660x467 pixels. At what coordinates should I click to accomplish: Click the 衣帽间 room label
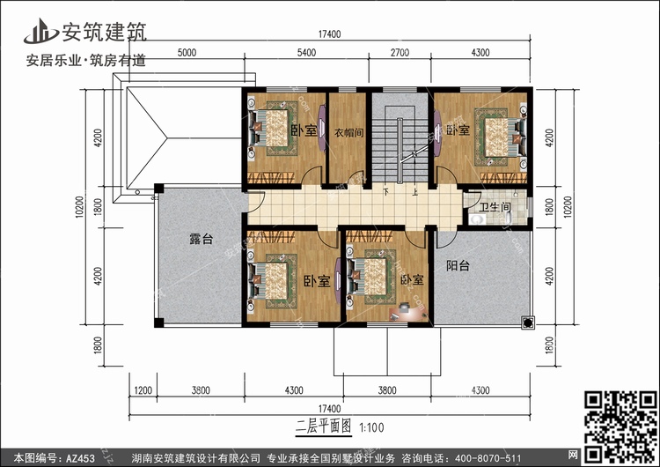(348, 133)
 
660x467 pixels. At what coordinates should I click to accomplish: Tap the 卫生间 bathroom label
(495, 207)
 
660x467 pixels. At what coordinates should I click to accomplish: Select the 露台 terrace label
(202, 239)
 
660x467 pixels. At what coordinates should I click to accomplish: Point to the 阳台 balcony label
(458, 265)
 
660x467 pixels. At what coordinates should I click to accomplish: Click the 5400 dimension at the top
(306, 53)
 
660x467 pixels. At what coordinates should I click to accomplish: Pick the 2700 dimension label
(400, 53)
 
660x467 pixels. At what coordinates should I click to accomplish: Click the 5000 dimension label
(187, 53)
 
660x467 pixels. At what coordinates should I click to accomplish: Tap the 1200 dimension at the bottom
(143, 390)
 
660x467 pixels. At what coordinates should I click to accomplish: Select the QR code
(621, 426)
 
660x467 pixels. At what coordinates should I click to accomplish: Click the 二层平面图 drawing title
(323, 427)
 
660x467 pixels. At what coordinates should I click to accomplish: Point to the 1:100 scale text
(371, 428)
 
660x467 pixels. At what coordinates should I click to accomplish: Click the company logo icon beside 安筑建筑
(40, 32)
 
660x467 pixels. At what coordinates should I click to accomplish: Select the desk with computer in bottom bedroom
(407, 311)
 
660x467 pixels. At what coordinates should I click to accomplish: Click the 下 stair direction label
(386, 192)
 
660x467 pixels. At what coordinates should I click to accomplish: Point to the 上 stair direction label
(415, 192)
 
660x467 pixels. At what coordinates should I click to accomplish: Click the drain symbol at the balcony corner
(528, 322)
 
